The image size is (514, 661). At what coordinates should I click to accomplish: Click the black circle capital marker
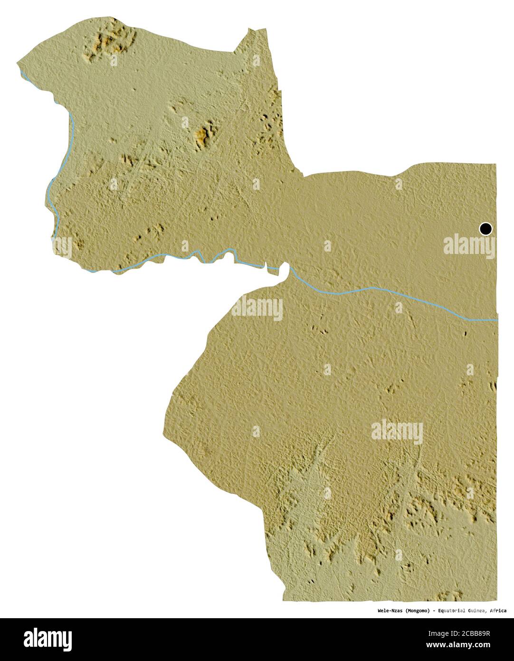(x=485, y=229)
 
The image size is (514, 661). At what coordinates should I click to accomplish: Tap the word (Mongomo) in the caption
(x=418, y=611)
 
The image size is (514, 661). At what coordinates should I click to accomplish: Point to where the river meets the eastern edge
(x=496, y=320)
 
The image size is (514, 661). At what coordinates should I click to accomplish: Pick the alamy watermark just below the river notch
(x=257, y=308)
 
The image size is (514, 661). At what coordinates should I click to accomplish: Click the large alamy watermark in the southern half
(x=397, y=431)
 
